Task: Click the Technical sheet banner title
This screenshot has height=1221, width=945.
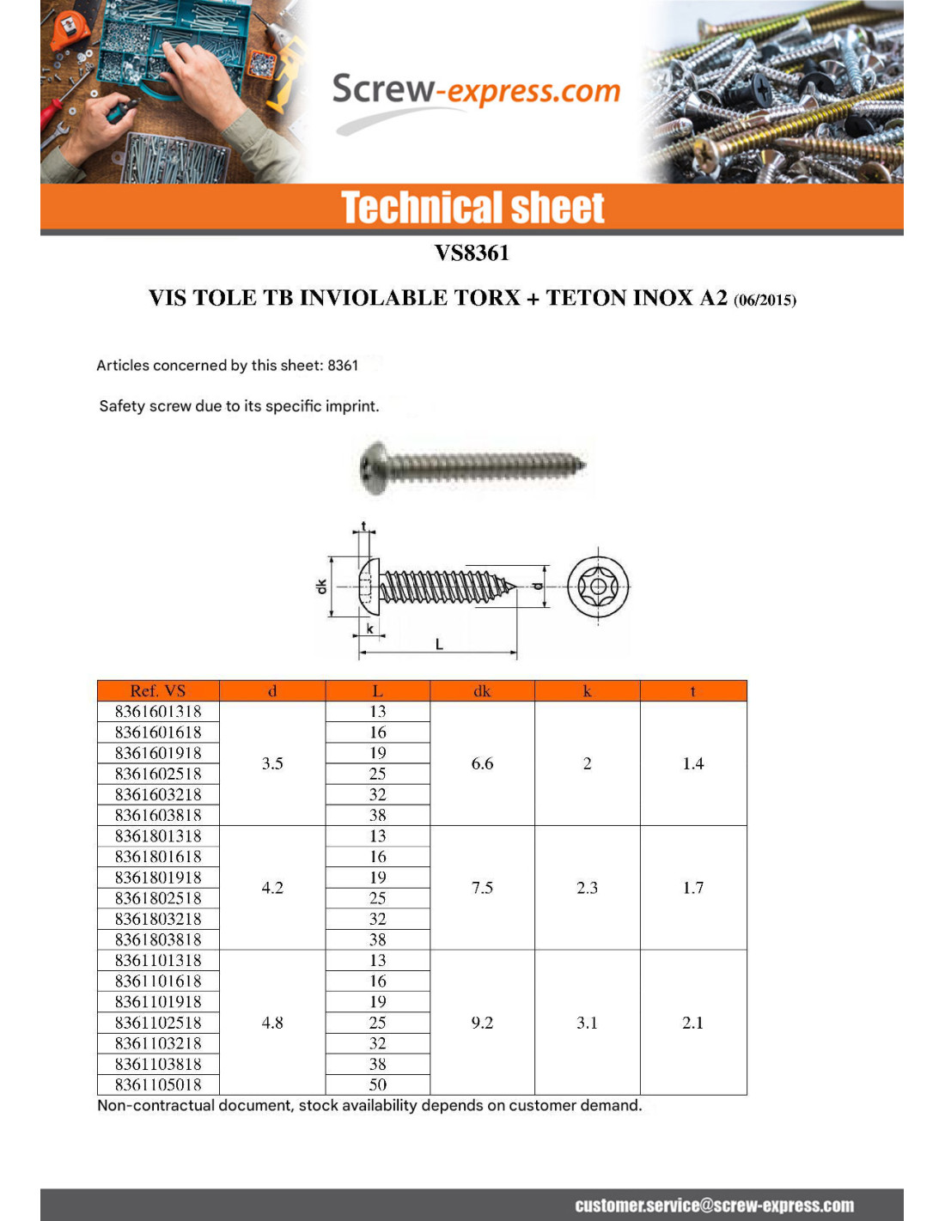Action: pyautogui.click(x=472, y=208)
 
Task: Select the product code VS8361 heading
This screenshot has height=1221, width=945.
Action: pyautogui.click(x=472, y=253)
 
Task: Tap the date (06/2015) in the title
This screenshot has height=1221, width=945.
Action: pyautogui.click(x=765, y=301)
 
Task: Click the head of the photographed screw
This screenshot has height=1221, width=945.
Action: pyautogui.click(x=374, y=468)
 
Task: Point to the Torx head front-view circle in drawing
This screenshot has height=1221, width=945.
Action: pyautogui.click(x=598, y=587)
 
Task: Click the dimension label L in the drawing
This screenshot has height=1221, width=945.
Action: pyautogui.click(x=439, y=644)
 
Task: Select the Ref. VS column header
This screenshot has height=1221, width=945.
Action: pyautogui.click(x=158, y=691)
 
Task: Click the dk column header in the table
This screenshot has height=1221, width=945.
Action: pyautogui.click(x=482, y=691)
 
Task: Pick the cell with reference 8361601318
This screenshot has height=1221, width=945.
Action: pyautogui.click(x=158, y=712)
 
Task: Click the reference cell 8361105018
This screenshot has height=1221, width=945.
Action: pyautogui.click(x=158, y=1084)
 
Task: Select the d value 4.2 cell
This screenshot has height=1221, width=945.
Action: pyautogui.click(x=272, y=888)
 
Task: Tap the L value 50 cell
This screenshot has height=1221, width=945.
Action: pyautogui.click(x=378, y=1084)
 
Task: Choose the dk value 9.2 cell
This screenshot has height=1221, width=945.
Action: pyautogui.click(x=482, y=1023)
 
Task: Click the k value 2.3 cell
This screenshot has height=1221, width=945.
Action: pyautogui.click(x=587, y=888)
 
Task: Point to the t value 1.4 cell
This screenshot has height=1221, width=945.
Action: pyautogui.click(x=692, y=763)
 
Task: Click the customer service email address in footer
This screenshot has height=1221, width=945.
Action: pyautogui.click(x=714, y=1206)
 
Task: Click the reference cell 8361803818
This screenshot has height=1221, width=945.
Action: pyautogui.click(x=158, y=939)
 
